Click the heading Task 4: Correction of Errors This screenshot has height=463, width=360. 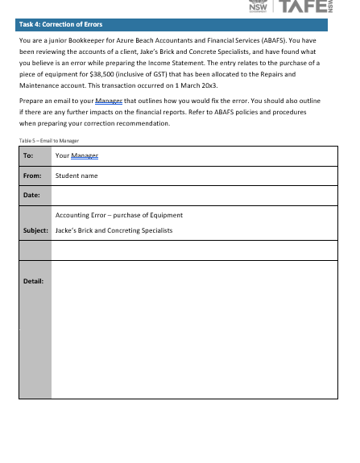[x=54, y=24]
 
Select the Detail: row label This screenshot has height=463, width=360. [x=34, y=281]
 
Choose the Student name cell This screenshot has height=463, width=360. [x=77, y=175]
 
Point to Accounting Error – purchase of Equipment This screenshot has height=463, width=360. [x=119, y=215]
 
